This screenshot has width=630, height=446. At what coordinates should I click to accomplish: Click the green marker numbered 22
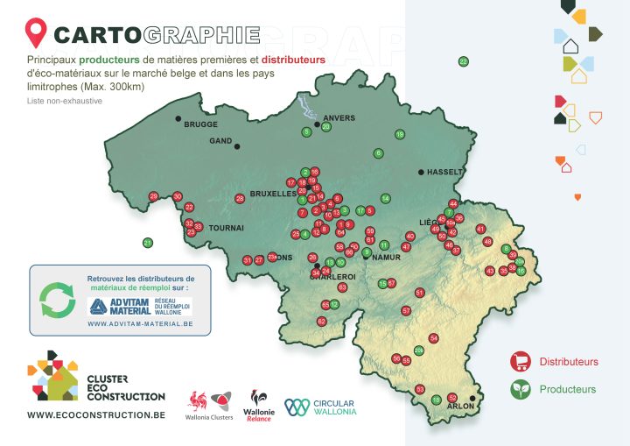pos(463,61)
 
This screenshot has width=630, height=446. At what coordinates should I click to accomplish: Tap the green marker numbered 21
pos(148,243)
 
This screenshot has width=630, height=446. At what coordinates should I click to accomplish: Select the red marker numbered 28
pos(240,199)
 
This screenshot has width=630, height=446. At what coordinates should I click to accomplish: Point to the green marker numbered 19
pos(399,134)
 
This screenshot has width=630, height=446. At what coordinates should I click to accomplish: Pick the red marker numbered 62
pos(321,322)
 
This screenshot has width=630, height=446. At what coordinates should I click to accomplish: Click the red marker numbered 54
pos(433,338)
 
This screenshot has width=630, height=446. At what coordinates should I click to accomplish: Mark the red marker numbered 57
pos(406,311)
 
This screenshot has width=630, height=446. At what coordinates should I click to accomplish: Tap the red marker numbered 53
pos(420,389)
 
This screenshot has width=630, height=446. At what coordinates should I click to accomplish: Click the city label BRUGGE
pos(201,124)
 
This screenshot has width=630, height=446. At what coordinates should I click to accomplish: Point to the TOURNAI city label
pos(225,227)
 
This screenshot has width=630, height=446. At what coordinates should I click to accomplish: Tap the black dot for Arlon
pos(472,398)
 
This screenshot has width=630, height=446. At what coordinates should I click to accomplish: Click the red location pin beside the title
pos(36,33)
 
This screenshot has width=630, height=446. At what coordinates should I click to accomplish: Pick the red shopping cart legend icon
pos(521,361)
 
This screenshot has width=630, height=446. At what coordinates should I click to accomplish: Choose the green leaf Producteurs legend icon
pos(521,388)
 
